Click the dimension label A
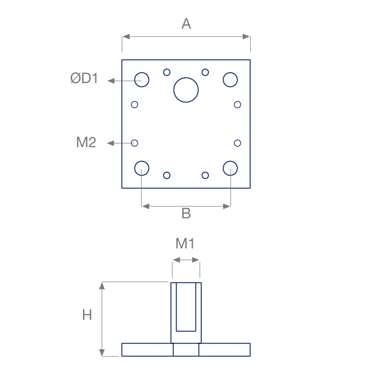tap(186, 24)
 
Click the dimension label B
tap(186, 213)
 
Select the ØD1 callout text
tap(84, 78)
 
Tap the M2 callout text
tap(86, 142)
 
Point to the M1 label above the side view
tap(185, 244)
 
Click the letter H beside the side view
tap(87, 315)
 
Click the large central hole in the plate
tap(186, 90)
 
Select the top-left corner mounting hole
tap(142, 79)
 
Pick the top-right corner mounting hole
tap(230, 79)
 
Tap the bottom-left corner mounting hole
tap(142, 168)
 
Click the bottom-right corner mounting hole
tap(230, 168)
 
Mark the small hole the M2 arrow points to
tap(134, 143)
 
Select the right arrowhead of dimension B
tap(226, 206)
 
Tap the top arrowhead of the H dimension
tap(102, 286)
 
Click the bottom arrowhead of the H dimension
tap(102, 352)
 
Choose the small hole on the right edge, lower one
tap(237, 143)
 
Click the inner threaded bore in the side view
tap(186, 306)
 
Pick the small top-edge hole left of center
tap(167, 72)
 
